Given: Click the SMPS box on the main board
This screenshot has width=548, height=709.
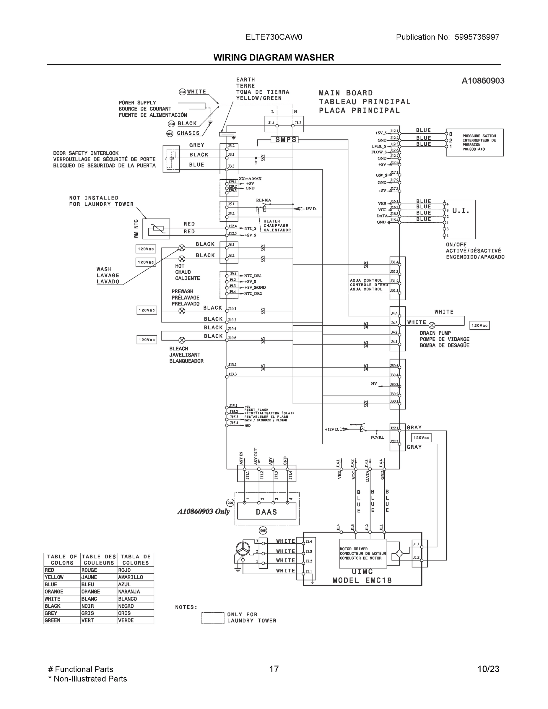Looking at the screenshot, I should point(284,140).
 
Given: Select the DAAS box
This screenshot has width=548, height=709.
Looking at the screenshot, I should point(266,512).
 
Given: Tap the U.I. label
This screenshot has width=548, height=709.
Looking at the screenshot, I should point(461,211).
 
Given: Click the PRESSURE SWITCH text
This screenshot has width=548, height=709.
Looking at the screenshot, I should point(479,136).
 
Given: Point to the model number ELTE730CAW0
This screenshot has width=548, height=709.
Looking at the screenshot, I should point(274,37).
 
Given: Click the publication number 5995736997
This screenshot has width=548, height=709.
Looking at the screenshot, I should point(477,37).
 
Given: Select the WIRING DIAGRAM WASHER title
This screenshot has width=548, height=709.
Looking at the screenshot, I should point(274,58).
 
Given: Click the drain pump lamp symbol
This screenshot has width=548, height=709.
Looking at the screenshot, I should point(432,325).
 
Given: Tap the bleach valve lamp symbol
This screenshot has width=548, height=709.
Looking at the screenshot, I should point(182,340).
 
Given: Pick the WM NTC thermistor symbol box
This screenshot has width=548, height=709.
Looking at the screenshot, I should point(156,229).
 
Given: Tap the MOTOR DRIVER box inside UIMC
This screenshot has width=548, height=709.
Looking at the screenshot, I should point(363,554).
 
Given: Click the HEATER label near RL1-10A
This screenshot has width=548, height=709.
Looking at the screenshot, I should point(272,221).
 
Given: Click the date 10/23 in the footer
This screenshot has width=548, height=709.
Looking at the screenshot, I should point(488,669).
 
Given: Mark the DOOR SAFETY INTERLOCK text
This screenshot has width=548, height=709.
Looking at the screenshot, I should point(86,153).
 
